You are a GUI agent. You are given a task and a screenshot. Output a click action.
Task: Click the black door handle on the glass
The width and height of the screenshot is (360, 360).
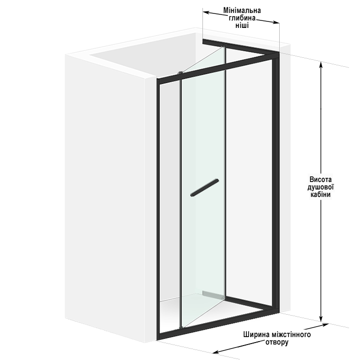click(204, 187)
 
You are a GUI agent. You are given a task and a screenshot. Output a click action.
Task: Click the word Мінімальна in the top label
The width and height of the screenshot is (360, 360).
click(242, 10)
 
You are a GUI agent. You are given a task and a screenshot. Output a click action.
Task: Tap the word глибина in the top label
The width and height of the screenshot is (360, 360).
click(242, 18)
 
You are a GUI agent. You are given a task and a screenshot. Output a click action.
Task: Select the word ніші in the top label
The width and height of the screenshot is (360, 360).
click(242, 25)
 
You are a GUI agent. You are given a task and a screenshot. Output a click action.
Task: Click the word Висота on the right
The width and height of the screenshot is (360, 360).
click(321, 179)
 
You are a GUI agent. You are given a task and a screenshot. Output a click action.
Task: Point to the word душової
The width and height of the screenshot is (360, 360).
click(321, 186)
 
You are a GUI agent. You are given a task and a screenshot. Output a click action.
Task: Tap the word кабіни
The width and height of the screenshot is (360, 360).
click(321, 194)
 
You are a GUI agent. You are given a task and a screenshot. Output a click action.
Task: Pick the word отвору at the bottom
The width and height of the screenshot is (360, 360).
click(277, 342)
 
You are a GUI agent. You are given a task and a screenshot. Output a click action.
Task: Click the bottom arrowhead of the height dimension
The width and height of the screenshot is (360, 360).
click(321, 319)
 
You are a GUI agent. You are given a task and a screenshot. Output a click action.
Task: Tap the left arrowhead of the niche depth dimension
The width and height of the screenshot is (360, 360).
click(206, 12)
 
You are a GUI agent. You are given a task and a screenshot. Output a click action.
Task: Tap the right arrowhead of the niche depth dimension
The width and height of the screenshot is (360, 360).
click(276, 22)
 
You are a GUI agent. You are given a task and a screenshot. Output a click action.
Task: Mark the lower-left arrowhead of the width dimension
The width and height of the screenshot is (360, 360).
click(216, 352)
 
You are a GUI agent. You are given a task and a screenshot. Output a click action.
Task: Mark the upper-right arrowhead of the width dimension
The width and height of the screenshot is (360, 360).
click(325, 325)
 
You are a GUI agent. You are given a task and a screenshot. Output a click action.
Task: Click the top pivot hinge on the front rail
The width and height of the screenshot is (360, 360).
click(180, 73)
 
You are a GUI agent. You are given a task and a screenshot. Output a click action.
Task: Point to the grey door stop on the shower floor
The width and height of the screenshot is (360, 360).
click(212, 295)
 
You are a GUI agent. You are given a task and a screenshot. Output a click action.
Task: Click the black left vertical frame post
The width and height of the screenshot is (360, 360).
click(158, 209)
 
